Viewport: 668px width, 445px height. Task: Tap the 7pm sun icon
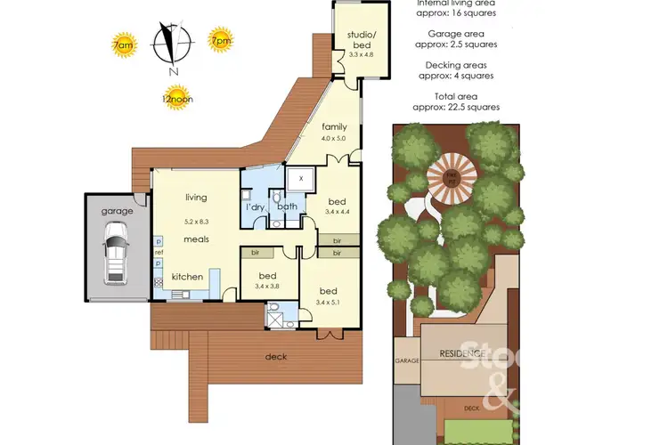(219, 40)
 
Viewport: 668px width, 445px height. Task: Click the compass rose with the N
(171, 46)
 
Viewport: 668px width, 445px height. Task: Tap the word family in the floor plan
(335, 127)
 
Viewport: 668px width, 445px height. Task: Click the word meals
(197, 239)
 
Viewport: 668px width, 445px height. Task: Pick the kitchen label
(187, 278)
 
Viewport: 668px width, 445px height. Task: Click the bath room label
(286, 207)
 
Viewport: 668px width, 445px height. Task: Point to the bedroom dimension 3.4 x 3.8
(268, 287)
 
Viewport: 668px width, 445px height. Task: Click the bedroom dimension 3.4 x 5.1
(329, 303)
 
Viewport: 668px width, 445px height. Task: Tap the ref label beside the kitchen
(159, 253)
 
